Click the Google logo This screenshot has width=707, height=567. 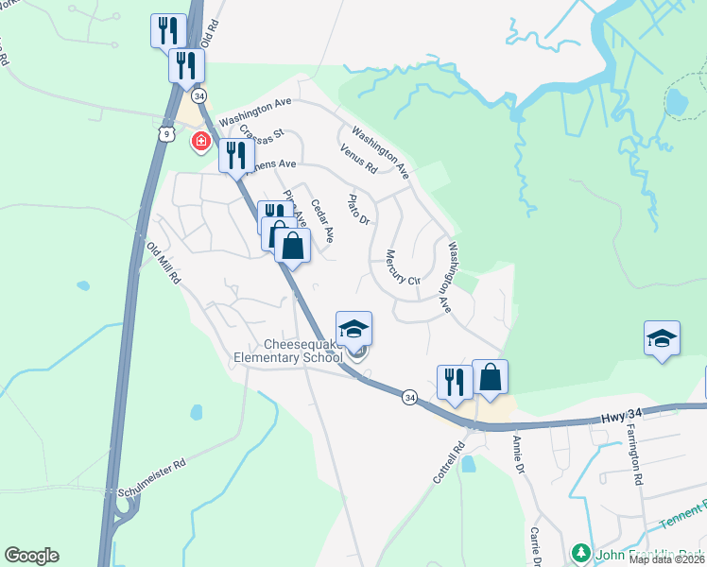point(31,556)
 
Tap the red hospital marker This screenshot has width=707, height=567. point(200,143)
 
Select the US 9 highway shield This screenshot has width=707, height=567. point(166,135)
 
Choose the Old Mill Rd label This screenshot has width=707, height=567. point(162,263)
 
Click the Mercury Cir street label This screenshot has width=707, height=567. point(402,267)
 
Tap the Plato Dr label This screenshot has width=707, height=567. point(358,209)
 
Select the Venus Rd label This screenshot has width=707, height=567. point(358,158)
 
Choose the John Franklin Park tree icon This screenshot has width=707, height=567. point(581,553)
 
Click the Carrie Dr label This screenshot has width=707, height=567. point(535,547)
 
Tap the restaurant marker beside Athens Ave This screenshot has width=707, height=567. point(236,155)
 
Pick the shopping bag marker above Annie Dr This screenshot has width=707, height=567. point(490,376)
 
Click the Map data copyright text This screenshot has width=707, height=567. point(666,558)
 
